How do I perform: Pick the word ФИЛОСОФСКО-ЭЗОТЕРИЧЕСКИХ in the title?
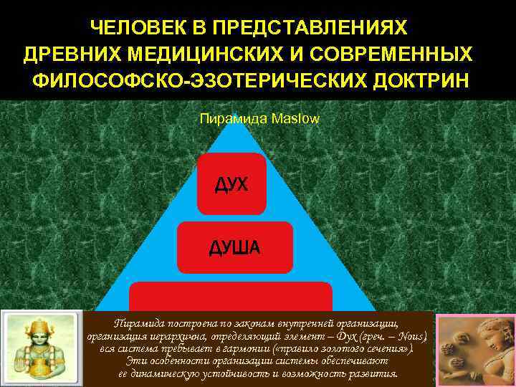(x=196, y=79)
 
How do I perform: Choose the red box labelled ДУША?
(x=234, y=247)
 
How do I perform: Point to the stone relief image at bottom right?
(x=476, y=349)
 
